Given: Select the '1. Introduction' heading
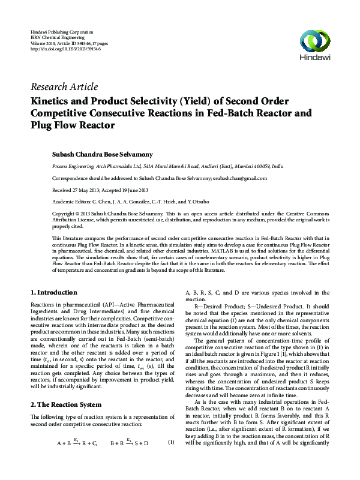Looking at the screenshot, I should click(x=54, y=292).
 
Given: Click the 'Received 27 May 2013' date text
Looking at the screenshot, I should click(x=75, y=190).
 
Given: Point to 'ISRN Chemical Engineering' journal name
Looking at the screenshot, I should click(x=57, y=36).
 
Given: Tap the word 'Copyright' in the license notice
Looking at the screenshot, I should click(x=65, y=214).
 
